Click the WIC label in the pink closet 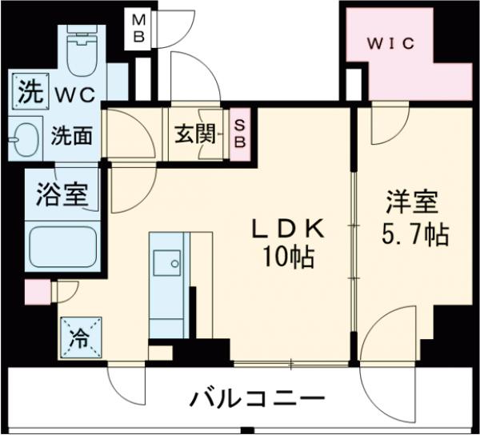point(390,44)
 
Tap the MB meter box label point(139,27)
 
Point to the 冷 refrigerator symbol point(78,336)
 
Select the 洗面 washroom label point(72,135)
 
